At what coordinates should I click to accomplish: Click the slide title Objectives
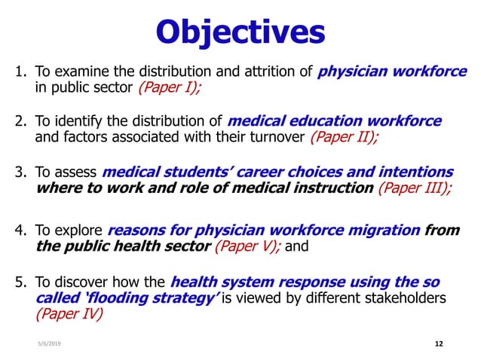[240, 32]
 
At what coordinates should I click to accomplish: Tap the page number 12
[440, 343]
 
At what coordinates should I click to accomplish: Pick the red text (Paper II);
[345, 137]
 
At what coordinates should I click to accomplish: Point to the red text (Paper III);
[415, 188]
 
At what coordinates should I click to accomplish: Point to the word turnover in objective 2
[278, 137]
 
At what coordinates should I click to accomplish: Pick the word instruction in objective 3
[332, 188]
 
